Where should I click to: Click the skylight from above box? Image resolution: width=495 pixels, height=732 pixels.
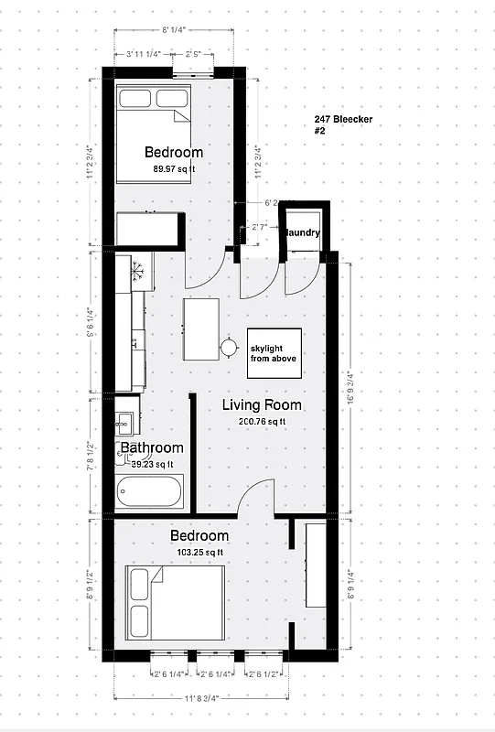pos(275,352)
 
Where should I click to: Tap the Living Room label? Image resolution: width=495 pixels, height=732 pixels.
pos(262,405)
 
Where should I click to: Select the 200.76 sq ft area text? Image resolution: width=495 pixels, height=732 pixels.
pos(262,422)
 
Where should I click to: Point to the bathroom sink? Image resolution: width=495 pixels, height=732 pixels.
pos(124,423)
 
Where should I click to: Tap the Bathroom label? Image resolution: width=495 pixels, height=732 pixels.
pos(152,448)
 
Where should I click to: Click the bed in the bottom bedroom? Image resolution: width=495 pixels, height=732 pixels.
pos(175,597)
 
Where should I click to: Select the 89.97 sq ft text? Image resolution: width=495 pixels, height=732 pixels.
pos(174,168)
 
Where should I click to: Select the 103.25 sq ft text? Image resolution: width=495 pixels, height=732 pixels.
pos(199,552)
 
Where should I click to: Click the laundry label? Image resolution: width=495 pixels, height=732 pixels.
pos(303,233)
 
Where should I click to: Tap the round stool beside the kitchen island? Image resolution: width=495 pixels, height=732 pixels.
pos(227,346)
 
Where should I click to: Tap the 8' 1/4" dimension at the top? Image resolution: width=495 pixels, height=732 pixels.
pos(174,30)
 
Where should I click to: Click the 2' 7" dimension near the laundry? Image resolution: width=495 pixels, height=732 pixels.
pos(259,225)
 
